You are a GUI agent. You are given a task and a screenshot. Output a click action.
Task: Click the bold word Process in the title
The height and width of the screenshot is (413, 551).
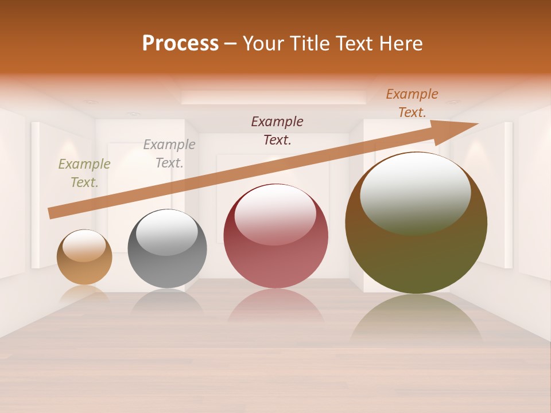[x=180, y=44]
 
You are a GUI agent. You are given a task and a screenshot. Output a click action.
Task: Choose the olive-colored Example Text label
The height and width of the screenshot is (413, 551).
[x=84, y=173]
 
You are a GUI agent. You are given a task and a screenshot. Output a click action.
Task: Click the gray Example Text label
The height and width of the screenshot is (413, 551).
[x=169, y=153]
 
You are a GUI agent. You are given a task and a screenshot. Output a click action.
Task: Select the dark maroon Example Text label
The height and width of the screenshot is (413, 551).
[x=277, y=130]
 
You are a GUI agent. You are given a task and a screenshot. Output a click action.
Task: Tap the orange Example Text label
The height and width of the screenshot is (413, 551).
[x=412, y=103]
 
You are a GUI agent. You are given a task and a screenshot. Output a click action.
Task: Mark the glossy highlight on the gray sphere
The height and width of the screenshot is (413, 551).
[x=166, y=231]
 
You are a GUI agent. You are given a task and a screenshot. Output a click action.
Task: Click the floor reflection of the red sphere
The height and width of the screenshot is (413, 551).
[x=276, y=307]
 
